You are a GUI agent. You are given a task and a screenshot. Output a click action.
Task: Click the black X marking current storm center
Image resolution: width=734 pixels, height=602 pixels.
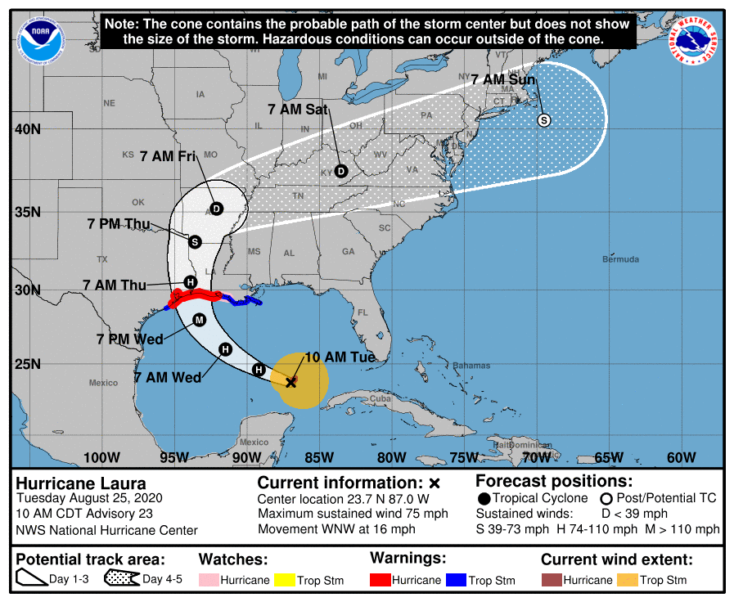(290, 381)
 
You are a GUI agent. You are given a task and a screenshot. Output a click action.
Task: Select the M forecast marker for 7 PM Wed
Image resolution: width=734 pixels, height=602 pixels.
(199, 320)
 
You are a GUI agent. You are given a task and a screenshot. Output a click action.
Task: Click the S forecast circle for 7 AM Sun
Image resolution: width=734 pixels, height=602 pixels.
(543, 120)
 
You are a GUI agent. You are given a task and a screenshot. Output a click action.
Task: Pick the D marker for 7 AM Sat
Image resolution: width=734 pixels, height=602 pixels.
(341, 171)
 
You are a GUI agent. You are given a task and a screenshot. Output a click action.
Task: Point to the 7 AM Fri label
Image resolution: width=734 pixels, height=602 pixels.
(168, 155)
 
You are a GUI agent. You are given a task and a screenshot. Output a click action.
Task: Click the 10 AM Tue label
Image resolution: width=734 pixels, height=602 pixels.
(340, 357)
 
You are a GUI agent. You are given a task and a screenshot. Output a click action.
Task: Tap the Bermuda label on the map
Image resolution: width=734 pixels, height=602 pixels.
(619, 259)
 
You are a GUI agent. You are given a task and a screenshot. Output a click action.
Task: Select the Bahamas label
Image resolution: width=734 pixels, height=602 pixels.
(471, 365)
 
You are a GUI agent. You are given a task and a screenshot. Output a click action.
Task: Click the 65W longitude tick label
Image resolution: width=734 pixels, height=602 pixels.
(609, 457)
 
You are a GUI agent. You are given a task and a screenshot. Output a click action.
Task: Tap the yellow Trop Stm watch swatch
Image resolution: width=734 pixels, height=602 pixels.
(284, 580)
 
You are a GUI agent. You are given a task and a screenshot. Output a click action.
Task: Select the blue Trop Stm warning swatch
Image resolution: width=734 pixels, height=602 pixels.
(456, 580)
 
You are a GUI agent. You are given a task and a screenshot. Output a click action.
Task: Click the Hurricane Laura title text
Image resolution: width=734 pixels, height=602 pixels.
(81, 483)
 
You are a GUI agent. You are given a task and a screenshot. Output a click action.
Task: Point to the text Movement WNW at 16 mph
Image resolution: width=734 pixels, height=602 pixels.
(336, 529)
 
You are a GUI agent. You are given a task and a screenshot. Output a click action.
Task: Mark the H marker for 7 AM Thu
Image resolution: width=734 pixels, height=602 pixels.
(190, 282)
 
